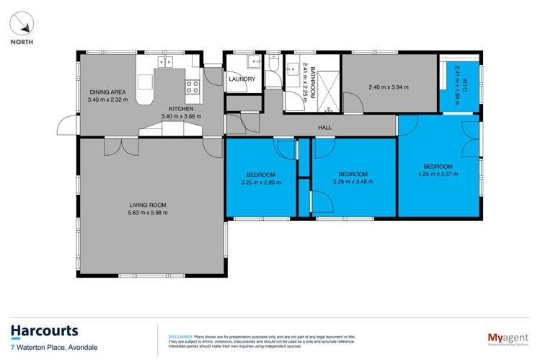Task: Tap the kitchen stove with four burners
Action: click(x=192, y=87)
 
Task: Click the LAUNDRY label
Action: click(x=242, y=79)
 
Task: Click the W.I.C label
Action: click(x=456, y=74)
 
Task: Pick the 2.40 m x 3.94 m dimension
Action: click(x=388, y=88)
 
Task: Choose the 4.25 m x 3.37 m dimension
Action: click(x=439, y=173)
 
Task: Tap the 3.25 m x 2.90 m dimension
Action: click(x=260, y=182)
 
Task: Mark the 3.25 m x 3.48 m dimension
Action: click(x=353, y=182)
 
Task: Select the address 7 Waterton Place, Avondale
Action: click(x=54, y=348)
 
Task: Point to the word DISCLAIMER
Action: click(x=180, y=336)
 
